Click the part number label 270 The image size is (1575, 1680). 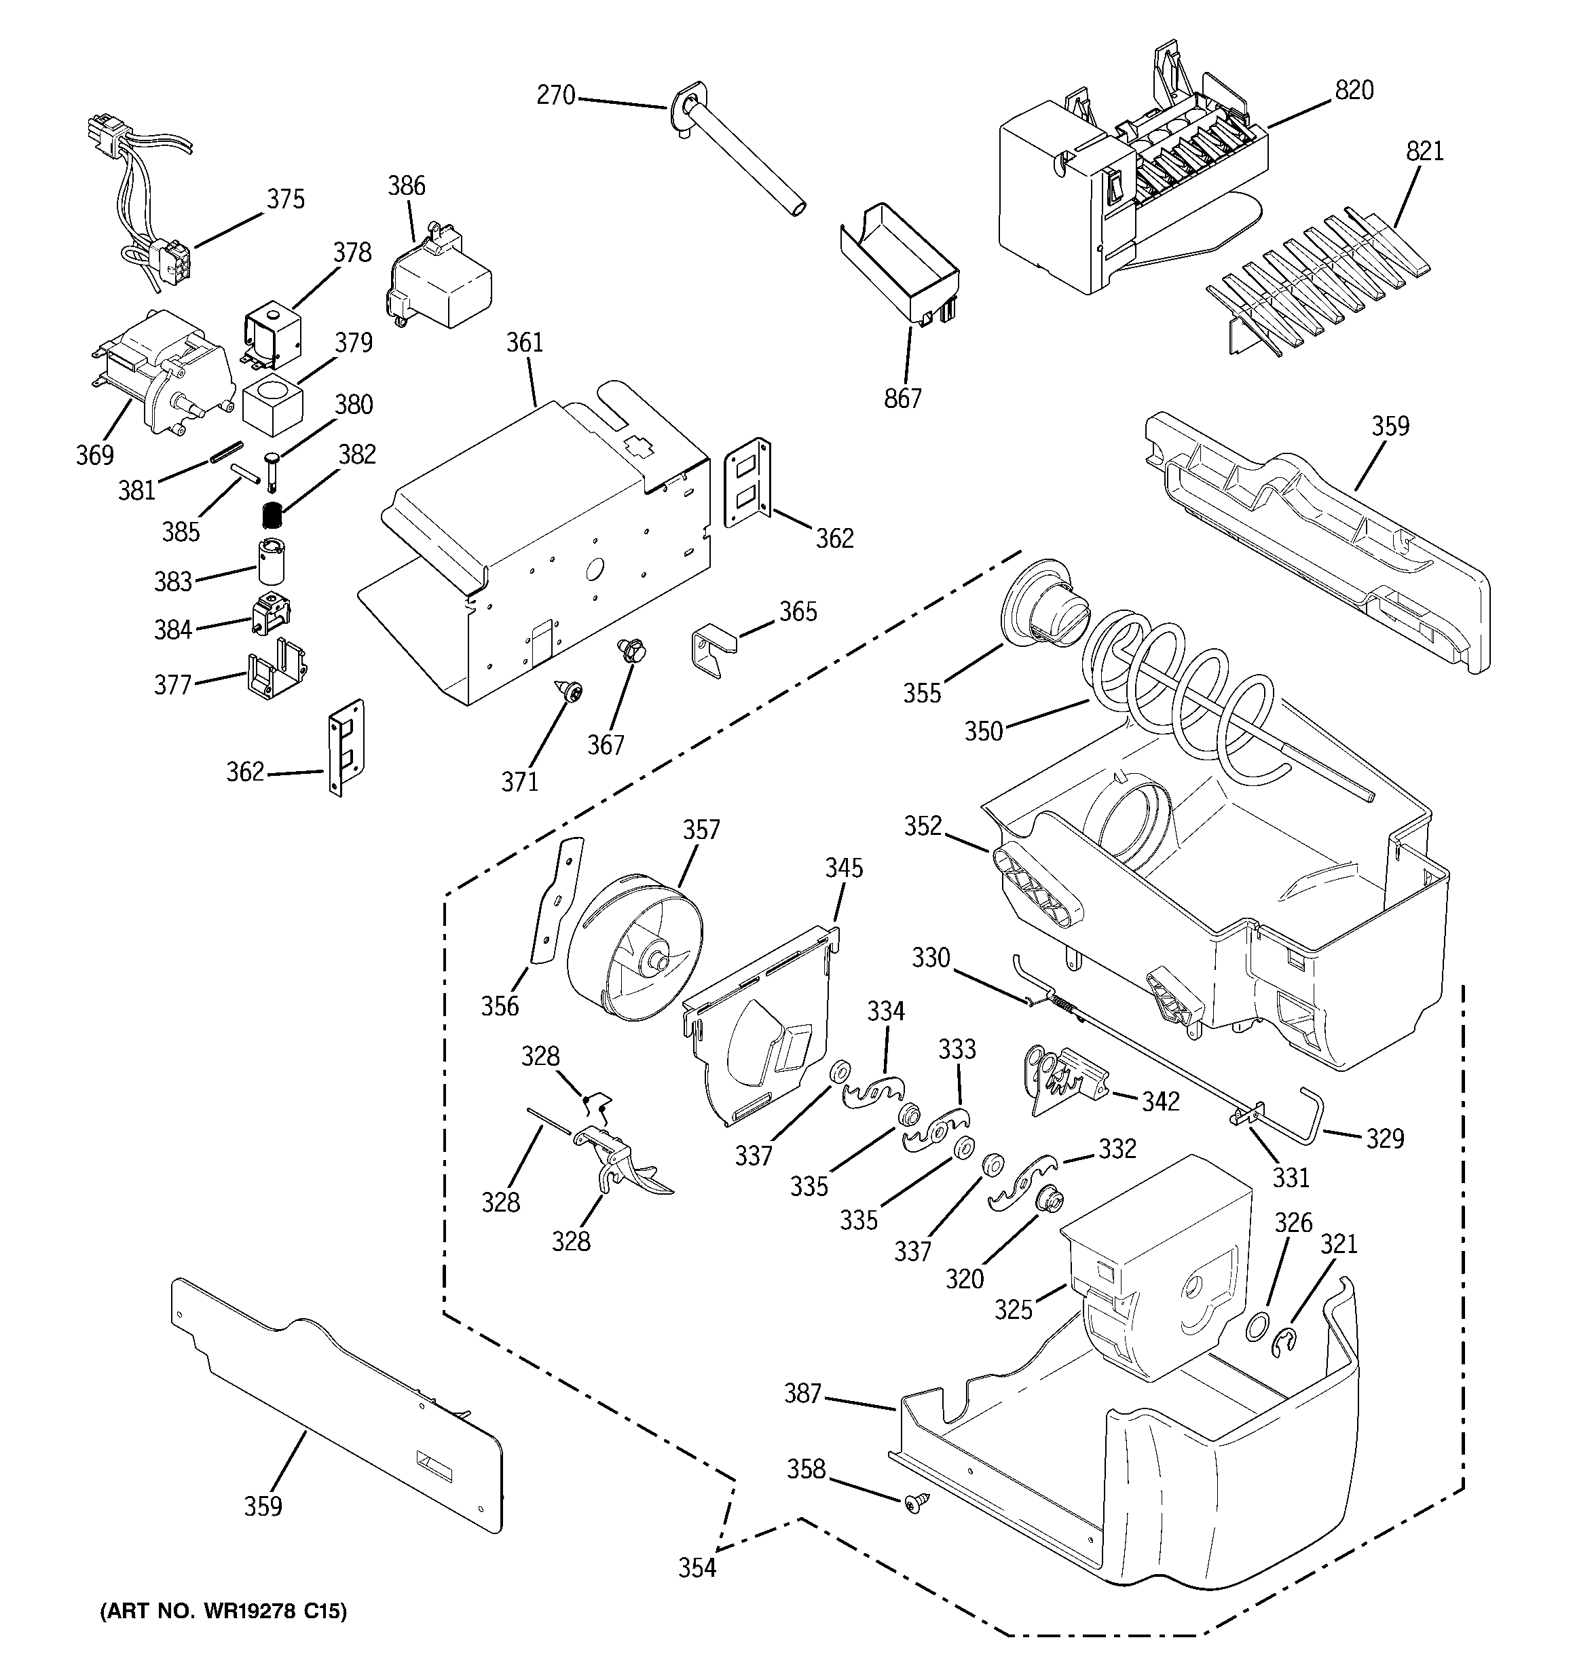point(555,96)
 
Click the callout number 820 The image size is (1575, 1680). point(1354,90)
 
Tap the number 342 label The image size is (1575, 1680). point(1161,1101)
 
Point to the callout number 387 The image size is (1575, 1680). point(802,1394)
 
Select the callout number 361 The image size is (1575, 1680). point(524,343)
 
